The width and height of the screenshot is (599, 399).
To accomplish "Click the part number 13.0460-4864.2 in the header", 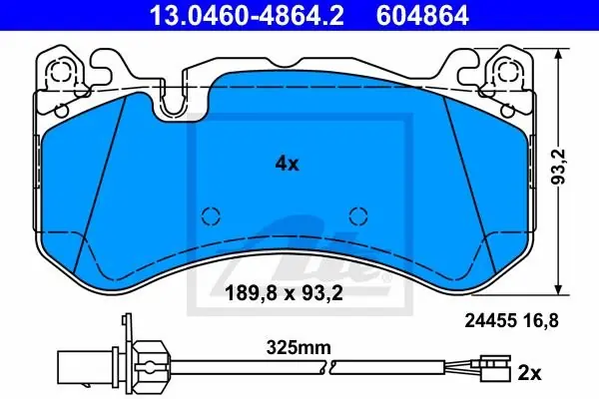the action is click(247, 16).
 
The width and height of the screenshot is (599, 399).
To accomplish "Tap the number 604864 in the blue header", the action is click(422, 16).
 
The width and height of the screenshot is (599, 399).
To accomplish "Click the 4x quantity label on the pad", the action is click(288, 164).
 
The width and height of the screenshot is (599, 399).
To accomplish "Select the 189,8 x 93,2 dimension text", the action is click(284, 293).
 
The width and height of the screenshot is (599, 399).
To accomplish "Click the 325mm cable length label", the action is click(299, 348).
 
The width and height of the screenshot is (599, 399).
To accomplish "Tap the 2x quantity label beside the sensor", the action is click(529, 373).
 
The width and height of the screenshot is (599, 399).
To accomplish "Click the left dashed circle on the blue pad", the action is click(211, 216).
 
